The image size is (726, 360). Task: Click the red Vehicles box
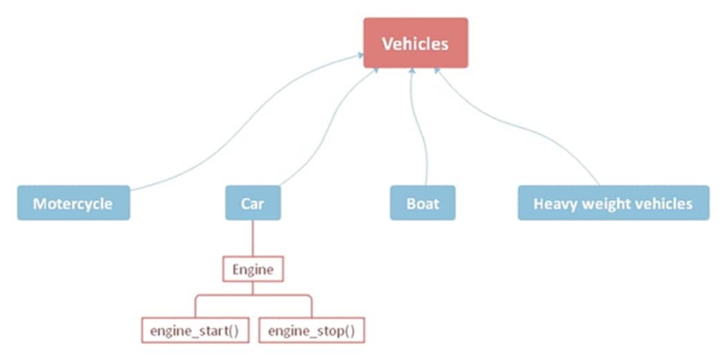pyautogui.click(x=416, y=43)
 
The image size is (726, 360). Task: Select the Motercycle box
pyautogui.click(x=73, y=203)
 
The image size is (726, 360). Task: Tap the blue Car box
pyautogui.click(x=252, y=203)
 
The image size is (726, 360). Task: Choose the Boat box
pyautogui.click(x=422, y=203)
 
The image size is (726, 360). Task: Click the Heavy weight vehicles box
pyautogui.click(x=613, y=203)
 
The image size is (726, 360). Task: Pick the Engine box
pyautogui.click(x=252, y=269)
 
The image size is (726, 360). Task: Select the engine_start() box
pyautogui.click(x=194, y=330)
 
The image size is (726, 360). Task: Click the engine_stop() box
pyautogui.click(x=311, y=330)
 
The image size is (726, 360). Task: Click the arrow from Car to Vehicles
pyautogui.click(x=325, y=124)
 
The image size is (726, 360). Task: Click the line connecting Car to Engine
pyautogui.click(x=252, y=238)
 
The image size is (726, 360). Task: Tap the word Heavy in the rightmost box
pyautogui.click(x=553, y=204)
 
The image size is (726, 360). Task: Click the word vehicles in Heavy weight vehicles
pyautogui.click(x=662, y=204)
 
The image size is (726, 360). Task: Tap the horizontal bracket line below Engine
pyautogui.click(x=252, y=295)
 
